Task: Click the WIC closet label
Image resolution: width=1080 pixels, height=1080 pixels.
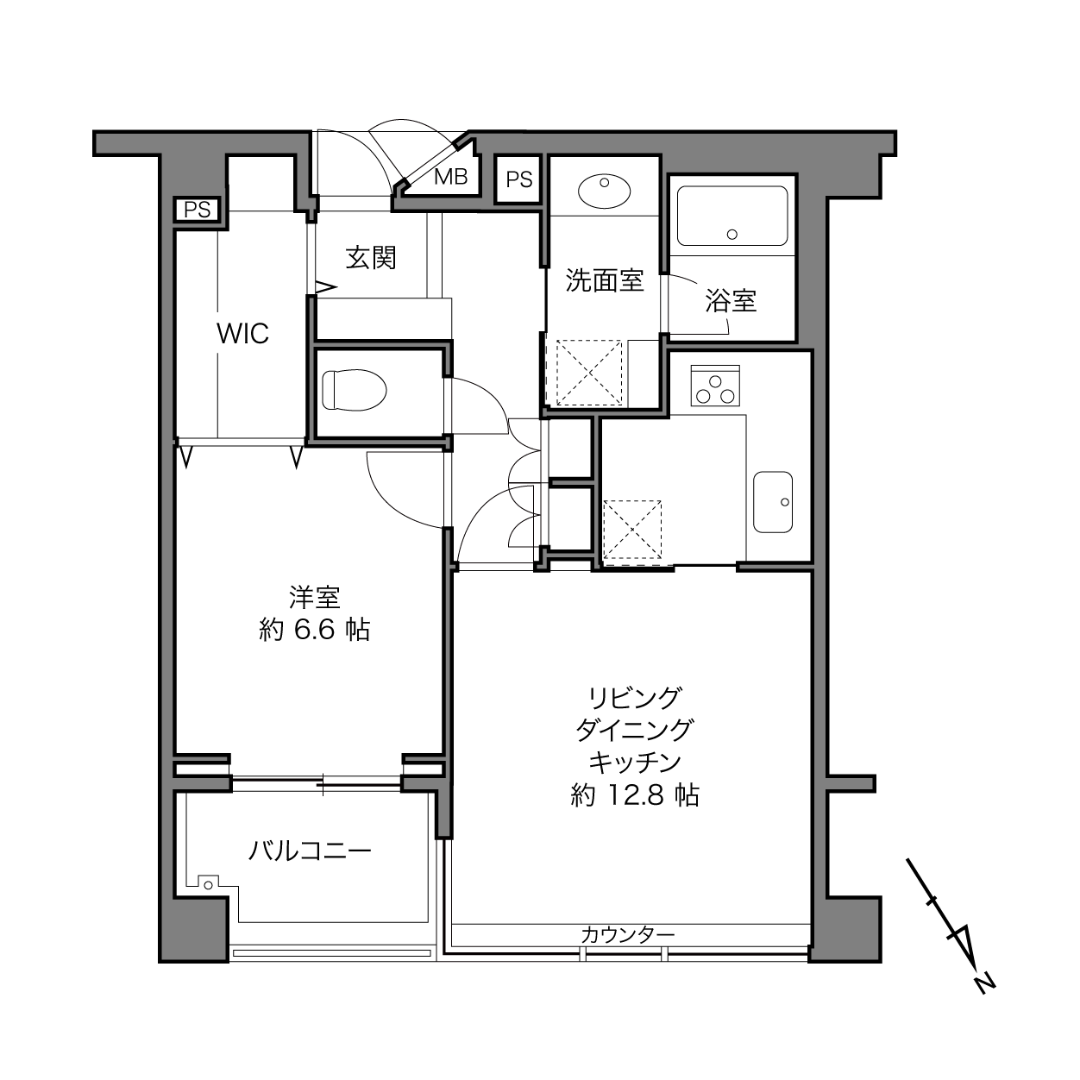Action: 242,334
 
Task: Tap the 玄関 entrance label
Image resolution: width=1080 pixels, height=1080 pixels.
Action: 371,258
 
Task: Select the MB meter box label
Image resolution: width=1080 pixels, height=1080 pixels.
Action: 451,177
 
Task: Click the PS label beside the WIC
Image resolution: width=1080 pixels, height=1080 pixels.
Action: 198,210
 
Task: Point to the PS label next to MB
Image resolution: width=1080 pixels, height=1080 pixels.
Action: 519,179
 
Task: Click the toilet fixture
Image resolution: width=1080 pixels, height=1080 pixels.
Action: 355,390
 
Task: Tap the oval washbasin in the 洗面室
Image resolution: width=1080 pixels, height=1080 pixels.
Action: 604,192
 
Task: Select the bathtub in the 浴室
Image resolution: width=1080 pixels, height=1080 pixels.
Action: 732,216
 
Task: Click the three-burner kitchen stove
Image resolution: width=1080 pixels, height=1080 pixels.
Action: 715,386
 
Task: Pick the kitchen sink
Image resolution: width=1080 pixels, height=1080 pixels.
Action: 773,502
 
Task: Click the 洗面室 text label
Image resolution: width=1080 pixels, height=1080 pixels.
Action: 604,280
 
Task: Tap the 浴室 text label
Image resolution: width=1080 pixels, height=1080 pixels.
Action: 731,301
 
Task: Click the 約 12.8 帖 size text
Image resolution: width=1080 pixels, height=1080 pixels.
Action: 634,795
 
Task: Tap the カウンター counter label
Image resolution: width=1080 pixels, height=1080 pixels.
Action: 628,935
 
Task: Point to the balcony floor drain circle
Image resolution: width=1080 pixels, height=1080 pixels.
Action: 209,885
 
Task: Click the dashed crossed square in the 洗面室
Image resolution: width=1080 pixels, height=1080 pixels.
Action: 589,372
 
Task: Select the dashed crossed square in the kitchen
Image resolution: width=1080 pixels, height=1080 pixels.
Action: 632,530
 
